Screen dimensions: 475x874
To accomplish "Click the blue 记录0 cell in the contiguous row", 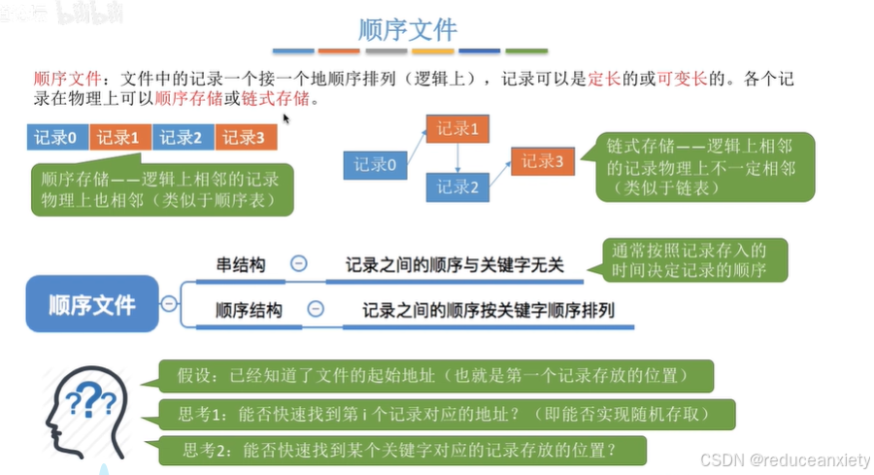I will [57, 137].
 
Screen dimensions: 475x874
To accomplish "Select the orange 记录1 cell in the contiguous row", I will [120, 137].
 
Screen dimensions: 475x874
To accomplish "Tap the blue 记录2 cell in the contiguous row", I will [184, 137].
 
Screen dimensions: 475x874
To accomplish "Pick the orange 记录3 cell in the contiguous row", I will [246, 137].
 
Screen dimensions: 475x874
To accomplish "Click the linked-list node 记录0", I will [374, 164].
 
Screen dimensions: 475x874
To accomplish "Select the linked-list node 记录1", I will [457, 128].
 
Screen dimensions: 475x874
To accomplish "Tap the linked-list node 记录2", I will [457, 186].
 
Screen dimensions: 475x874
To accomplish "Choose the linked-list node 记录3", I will [543, 162].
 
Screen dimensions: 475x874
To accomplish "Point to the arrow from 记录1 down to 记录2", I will [458, 156].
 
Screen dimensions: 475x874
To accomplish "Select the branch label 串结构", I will [240, 263].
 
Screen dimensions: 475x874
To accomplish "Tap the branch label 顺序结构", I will [249, 310].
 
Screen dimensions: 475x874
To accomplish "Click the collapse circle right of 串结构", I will [299, 263].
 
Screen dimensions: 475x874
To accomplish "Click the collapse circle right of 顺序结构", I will [315, 310].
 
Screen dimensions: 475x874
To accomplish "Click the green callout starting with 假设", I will [436, 375].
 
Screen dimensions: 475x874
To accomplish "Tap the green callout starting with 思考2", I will [400, 450].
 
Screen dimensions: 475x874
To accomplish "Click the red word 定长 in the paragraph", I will [603, 79].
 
